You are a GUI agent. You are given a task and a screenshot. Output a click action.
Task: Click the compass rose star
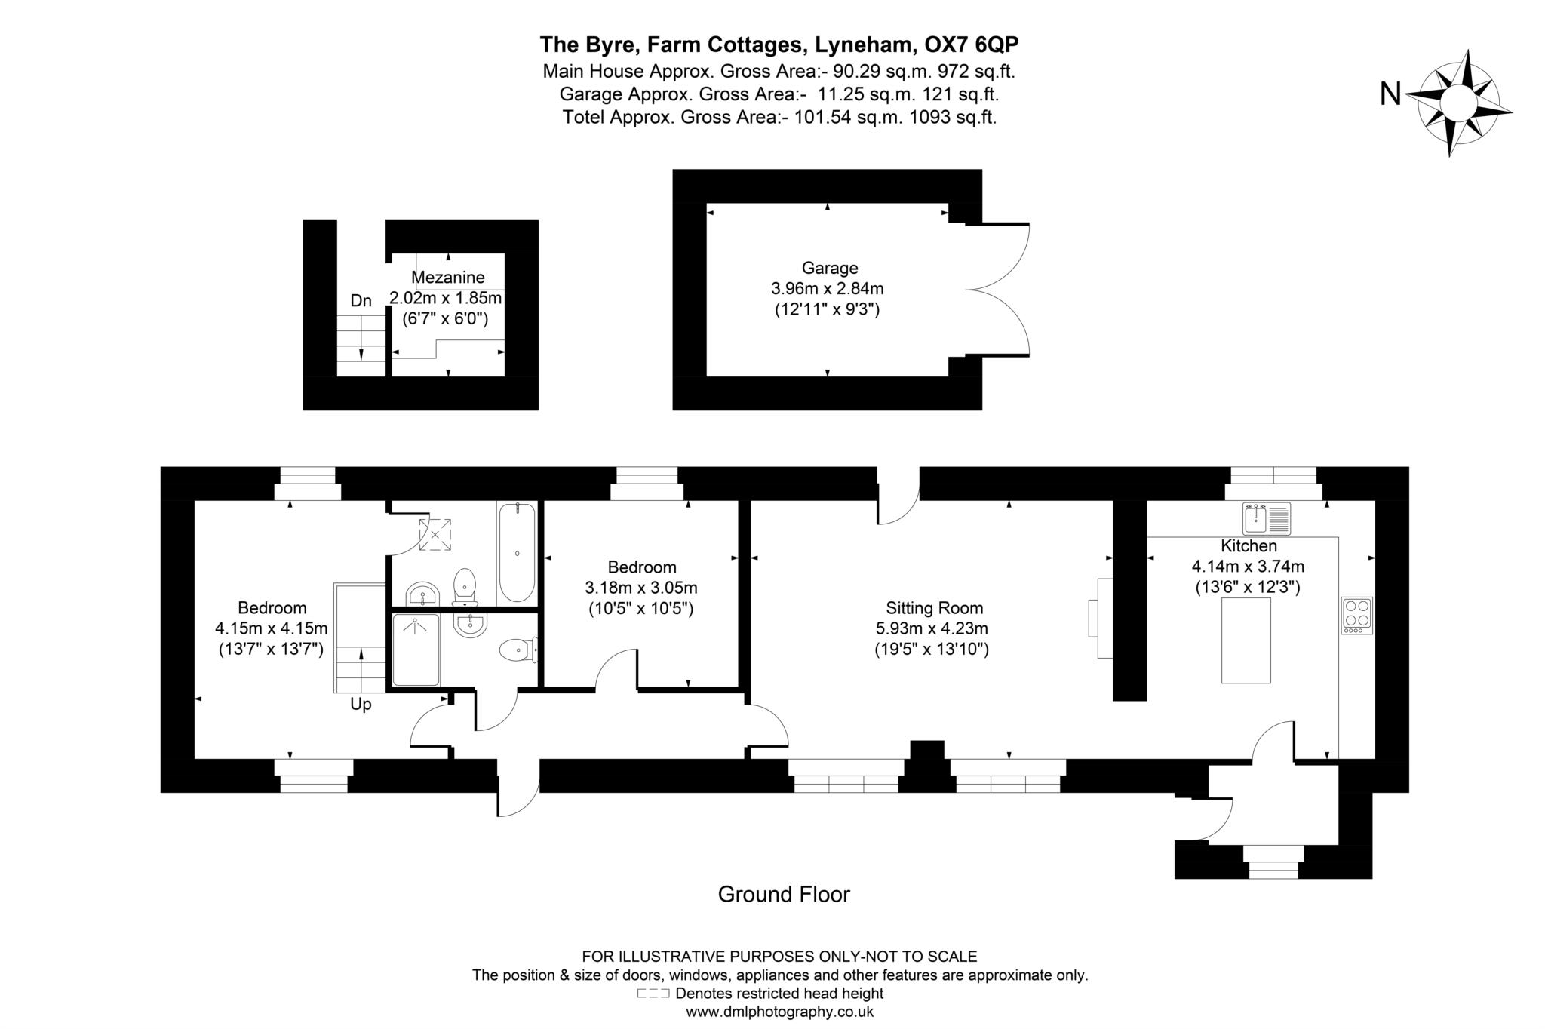(x=1458, y=103)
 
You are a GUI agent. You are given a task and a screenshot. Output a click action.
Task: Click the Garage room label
(x=829, y=268)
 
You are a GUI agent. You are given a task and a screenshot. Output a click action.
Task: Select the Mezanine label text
(x=448, y=278)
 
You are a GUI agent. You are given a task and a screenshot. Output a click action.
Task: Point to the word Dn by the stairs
(x=361, y=301)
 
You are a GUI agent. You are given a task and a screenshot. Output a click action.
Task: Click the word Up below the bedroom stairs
(x=361, y=705)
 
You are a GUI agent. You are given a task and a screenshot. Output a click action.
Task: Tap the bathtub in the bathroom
(x=517, y=552)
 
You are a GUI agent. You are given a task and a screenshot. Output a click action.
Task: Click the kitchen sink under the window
(x=1267, y=519)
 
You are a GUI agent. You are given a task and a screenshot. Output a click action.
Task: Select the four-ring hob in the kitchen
(x=1356, y=615)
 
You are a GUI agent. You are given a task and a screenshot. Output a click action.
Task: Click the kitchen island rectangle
(x=1246, y=640)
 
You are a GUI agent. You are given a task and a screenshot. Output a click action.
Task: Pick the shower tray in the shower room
(x=415, y=650)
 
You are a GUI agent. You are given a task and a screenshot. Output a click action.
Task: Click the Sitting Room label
(x=934, y=608)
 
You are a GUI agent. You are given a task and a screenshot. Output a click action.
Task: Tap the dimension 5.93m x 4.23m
(x=931, y=628)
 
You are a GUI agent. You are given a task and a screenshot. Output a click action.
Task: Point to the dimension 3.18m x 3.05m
(x=640, y=588)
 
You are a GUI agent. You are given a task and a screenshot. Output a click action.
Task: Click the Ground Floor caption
(x=783, y=895)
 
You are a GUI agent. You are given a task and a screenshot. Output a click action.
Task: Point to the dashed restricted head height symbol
(x=653, y=994)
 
